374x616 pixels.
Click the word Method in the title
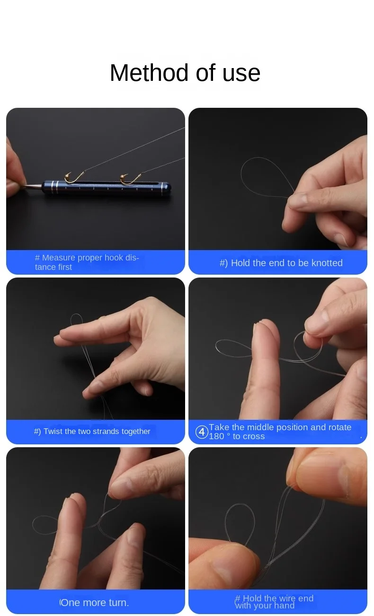click(149, 73)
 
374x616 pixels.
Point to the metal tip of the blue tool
click(33, 187)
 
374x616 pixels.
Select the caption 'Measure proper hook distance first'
click(87, 262)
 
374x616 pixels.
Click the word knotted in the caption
click(327, 263)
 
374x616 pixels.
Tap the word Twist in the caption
click(53, 431)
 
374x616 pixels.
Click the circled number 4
click(202, 432)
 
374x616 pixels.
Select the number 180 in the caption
click(216, 436)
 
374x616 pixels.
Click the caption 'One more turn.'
click(94, 602)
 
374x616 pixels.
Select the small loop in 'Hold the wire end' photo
click(240, 505)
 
